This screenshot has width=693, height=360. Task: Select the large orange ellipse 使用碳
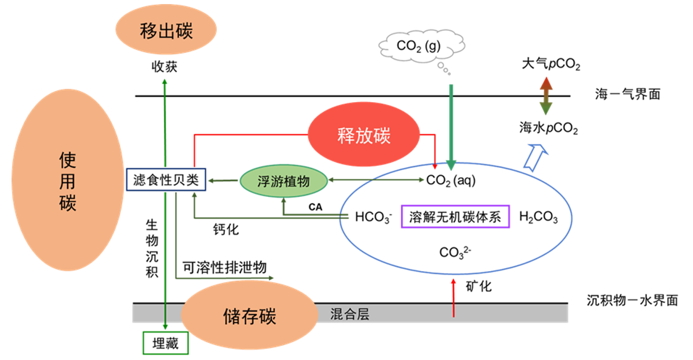click(67, 180)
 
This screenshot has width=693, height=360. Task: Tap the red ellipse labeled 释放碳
click(363, 136)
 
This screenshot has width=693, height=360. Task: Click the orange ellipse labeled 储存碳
click(249, 316)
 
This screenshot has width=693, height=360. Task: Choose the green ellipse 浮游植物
click(283, 181)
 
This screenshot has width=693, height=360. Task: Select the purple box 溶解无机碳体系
click(455, 217)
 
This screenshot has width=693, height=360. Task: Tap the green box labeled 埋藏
click(165, 344)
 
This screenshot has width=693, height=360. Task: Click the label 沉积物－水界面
click(632, 301)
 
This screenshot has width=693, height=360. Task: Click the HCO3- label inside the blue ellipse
click(374, 217)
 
